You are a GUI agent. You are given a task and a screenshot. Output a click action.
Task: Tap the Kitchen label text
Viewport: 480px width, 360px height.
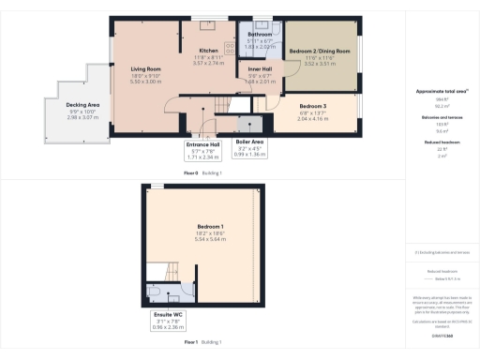click(x=208, y=51)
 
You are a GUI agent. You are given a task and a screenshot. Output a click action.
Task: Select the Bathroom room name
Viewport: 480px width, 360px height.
click(x=260, y=35)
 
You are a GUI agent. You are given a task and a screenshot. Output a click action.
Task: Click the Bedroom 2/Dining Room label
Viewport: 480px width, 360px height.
click(x=320, y=51)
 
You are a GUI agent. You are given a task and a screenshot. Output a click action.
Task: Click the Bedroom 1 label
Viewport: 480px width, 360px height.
click(x=210, y=228)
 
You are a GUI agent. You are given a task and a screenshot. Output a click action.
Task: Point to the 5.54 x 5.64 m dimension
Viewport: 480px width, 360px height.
click(x=210, y=239)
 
